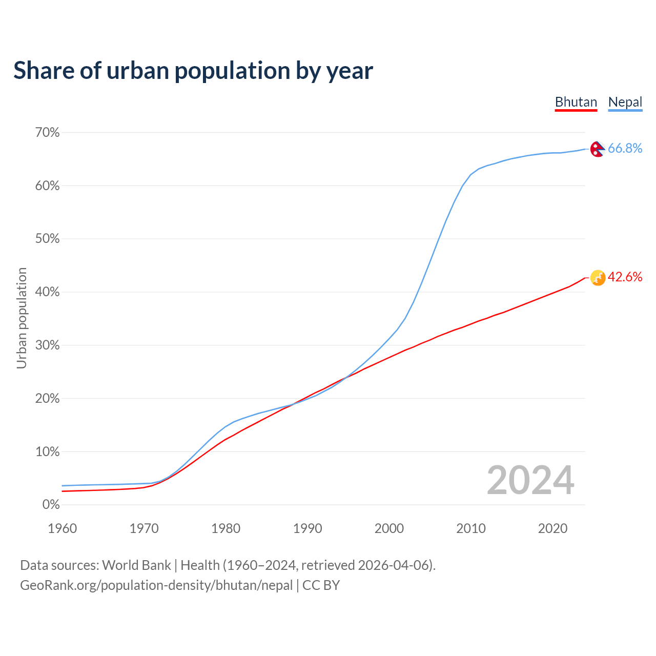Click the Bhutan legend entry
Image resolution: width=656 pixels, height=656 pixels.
point(576,102)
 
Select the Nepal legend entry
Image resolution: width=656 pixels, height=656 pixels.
point(625,102)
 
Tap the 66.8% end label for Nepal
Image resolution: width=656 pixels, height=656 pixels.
point(625,148)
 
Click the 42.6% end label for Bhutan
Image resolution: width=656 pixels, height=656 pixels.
point(625,277)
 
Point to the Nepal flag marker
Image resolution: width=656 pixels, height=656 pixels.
point(598,149)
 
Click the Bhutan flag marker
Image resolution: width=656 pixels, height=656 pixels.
point(598,278)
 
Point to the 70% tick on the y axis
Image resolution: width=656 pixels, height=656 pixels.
point(48,133)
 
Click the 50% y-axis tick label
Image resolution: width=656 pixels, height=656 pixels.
point(48,239)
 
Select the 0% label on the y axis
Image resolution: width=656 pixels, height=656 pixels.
point(51,505)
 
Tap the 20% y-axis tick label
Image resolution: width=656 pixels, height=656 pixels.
point(48,399)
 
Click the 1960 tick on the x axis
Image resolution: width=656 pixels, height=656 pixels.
point(62,528)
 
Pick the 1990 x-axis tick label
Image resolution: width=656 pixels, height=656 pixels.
point(307,528)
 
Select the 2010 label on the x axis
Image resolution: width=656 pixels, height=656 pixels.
point(471,528)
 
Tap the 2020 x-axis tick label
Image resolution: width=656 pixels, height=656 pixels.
point(552,528)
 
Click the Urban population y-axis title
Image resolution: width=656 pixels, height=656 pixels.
point(22,318)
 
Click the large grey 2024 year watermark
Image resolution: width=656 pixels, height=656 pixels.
point(530,480)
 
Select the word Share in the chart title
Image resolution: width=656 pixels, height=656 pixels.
point(43,71)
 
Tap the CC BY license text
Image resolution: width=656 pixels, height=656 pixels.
point(321,585)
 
